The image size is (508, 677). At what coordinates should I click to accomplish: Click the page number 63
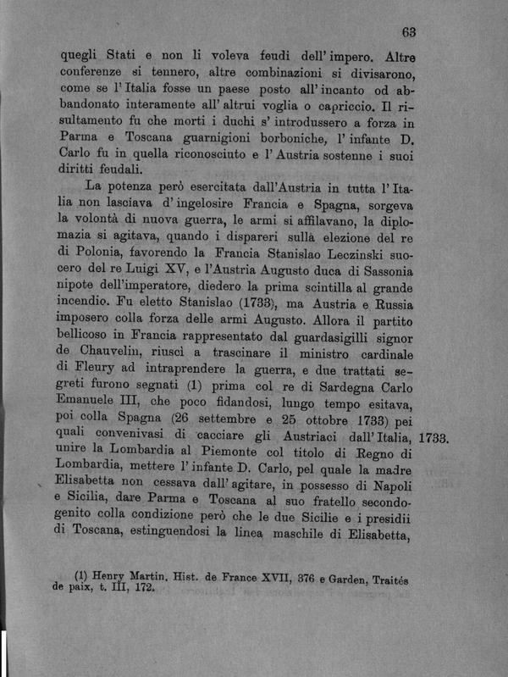coord(408,32)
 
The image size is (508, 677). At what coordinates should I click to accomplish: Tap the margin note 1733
coord(438,440)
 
